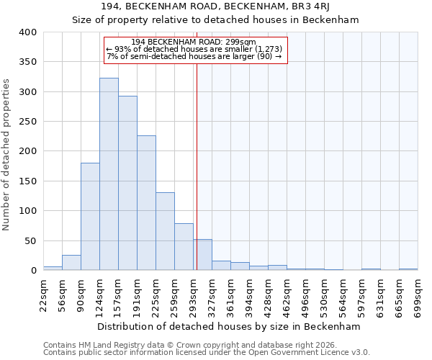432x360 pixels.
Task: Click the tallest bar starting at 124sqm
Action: pos(109,174)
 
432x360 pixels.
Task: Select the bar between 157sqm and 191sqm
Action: pos(127,184)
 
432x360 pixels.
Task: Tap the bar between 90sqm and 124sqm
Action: pos(90,217)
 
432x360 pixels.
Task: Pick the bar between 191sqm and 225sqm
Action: pos(146,203)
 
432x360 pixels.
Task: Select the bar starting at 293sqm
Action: pos(202,255)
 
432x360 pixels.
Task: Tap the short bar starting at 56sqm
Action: pos(71,263)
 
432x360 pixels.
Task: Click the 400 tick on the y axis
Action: pos(27,32)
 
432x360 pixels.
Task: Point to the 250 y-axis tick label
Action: pos(27,122)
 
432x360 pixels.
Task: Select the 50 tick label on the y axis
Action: pos(30,240)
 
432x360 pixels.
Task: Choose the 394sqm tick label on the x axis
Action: pos(249,294)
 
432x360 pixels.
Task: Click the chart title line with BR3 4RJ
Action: pos(216,6)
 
